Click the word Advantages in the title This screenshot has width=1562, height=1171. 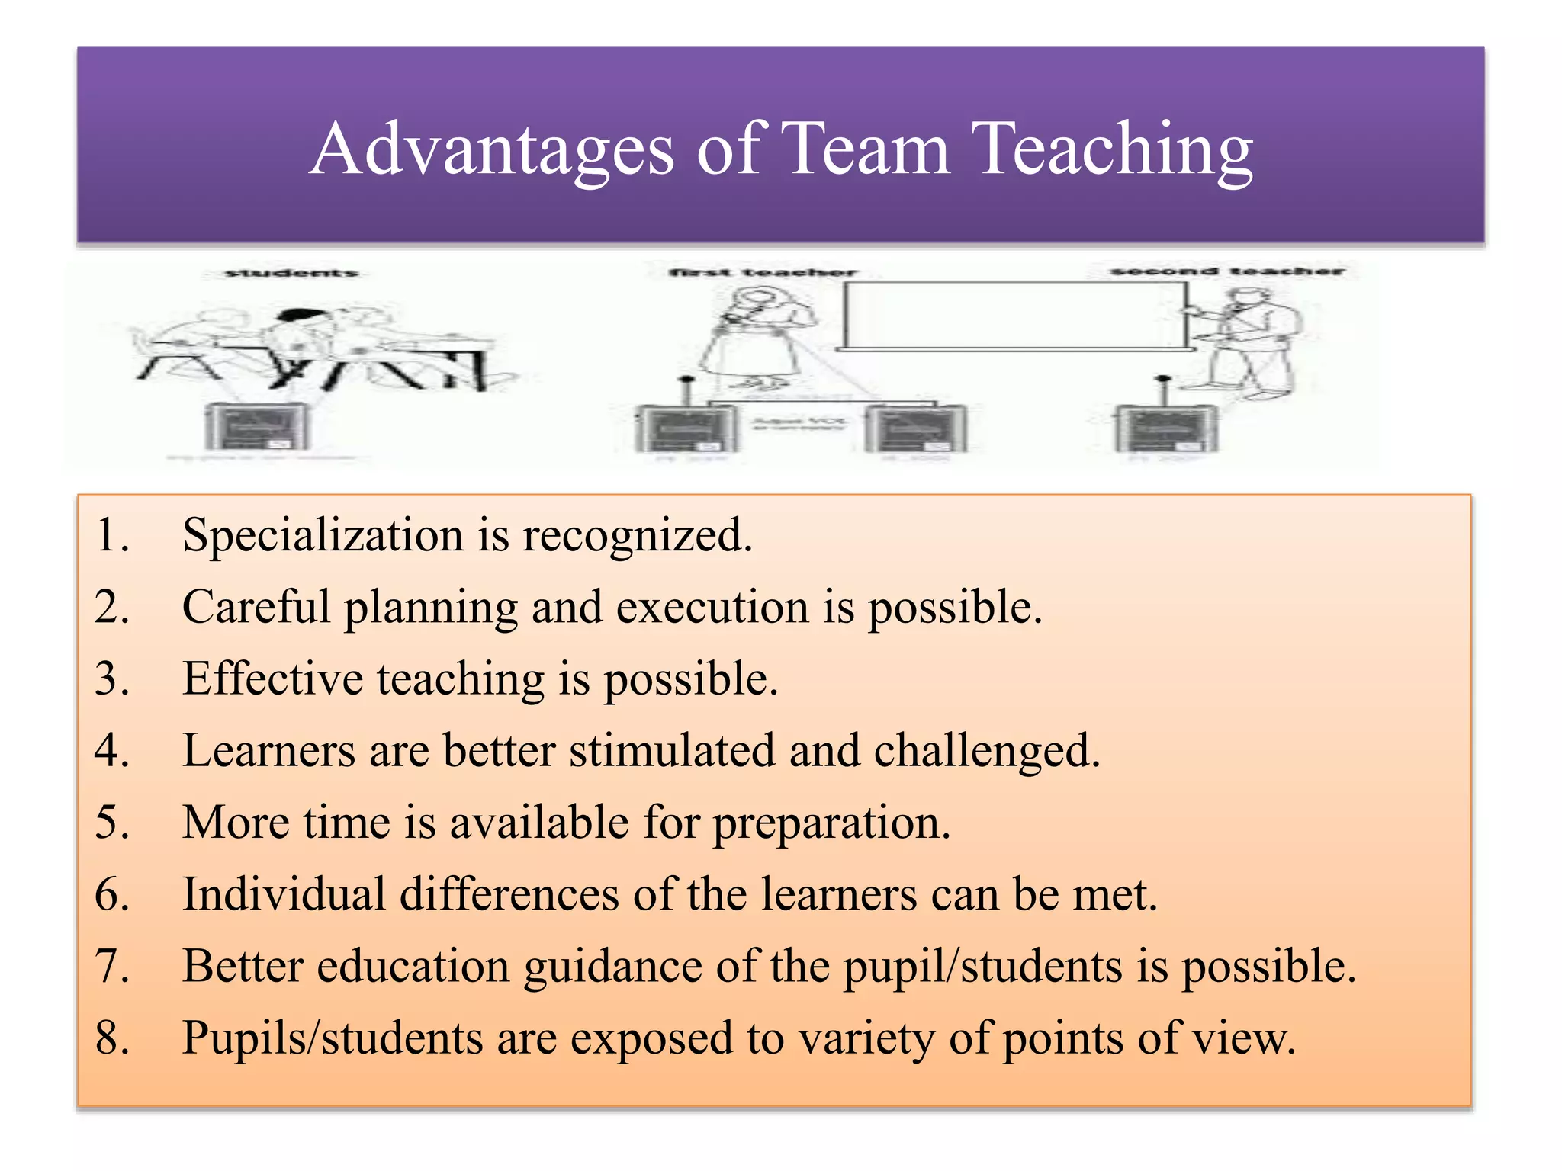coord(492,150)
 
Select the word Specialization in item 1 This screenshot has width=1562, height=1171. coord(323,535)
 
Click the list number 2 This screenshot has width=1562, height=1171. coord(112,608)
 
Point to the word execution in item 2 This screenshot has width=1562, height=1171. coord(712,608)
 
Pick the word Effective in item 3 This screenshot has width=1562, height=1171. coord(272,679)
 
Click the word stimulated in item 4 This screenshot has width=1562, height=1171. coord(671,751)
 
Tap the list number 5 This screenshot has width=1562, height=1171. coord(112,823)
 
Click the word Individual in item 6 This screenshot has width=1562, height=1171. coord(284,894)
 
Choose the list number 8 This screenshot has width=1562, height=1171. coord(112,1038)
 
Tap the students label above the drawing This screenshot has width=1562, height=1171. coord(291,273)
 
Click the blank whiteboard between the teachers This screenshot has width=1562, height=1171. coord(1014,314)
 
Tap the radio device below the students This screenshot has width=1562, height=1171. coord(258,427)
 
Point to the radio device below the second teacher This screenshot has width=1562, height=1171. coord(1166,427)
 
